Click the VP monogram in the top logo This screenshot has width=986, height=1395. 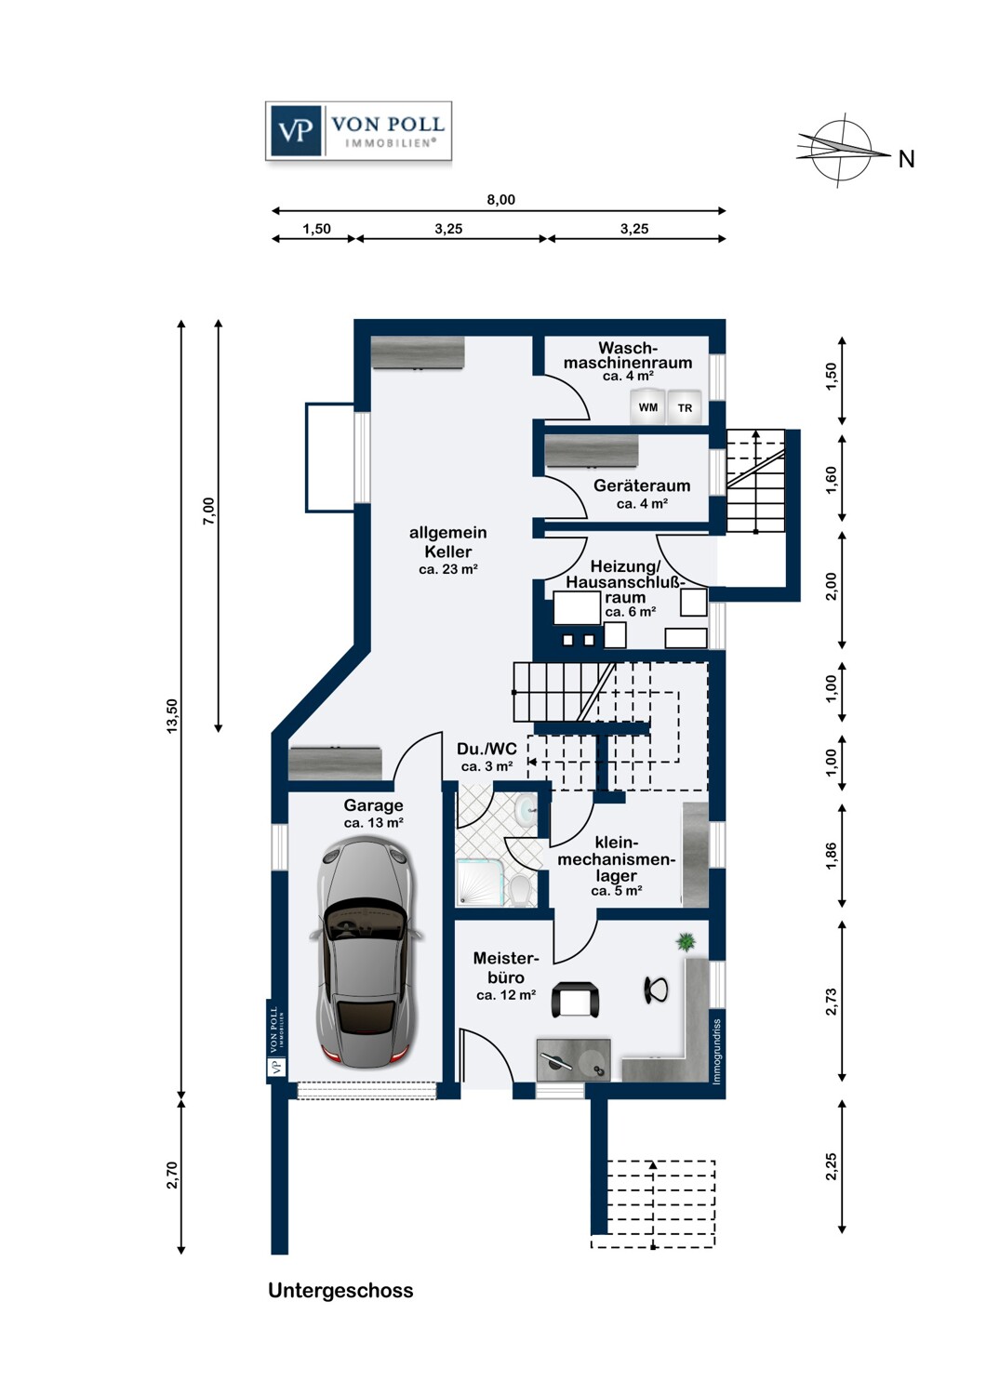[x=295, y=131]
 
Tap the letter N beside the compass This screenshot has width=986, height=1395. [x=906, y=159]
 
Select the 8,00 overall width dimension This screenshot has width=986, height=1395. [x=500, y=199]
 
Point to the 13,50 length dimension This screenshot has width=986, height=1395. [x=172, y=715]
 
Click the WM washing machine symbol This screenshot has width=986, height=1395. [x=647, y=407]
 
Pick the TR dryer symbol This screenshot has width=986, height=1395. [x=685, y=408]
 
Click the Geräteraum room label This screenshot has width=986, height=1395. [x=642, y=485]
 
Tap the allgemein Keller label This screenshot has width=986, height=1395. [x=447, y=542]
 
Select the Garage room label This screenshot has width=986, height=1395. [x=373, y=805]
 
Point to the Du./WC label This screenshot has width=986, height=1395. [x=486, y=750]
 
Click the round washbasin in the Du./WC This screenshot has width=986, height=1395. [x=526, y=810]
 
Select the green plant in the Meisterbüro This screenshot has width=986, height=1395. [x=686, y=941]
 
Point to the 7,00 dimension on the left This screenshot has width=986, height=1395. [x=208, y=511]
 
